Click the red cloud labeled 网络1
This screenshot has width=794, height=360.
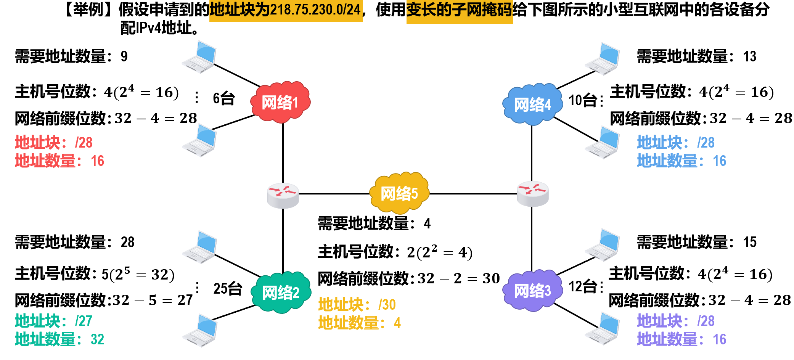click(x=281, y=102)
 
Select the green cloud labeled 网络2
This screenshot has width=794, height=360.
click(x=281, y=292)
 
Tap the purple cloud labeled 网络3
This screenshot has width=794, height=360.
click(x=532, y=291)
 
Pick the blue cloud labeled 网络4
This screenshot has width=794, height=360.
click(x=532, y=104)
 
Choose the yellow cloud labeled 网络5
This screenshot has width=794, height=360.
click(x=399, y=193)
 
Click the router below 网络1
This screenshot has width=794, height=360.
click(x=283, y=195)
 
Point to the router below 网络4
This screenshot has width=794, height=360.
click(x=532, y=194)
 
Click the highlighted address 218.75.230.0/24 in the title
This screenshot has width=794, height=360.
click(x=315, y=10)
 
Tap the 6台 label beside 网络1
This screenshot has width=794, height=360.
click(x=224, y=98)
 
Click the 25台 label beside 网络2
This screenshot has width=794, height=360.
click(x=228, y=289)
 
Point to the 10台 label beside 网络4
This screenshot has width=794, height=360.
click(x=583, y=100)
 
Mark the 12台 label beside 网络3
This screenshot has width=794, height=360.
click(x=583, y=286)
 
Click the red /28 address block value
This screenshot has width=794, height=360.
click(x=84, y=143)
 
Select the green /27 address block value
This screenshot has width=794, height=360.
click(x=84, y=321)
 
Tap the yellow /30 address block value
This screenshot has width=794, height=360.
click(x=387, y=305)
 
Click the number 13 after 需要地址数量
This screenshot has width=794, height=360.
click(x=750, y=56)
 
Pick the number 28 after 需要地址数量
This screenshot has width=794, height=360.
click(x=128, y=242)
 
